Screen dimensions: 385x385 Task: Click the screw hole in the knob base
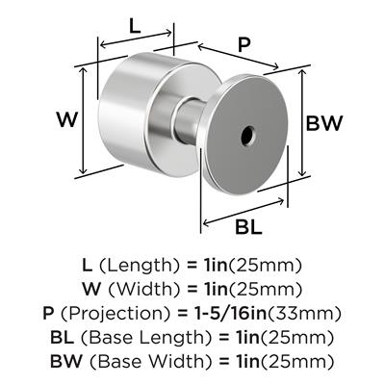click(247, 136)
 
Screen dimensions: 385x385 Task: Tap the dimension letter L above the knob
click(135, 27)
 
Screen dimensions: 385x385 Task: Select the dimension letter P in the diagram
click(244, 45)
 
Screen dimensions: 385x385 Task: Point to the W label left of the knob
click(67, 119)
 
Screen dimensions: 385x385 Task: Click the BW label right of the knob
click(324, 123)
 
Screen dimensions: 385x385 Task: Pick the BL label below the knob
click(248, 227)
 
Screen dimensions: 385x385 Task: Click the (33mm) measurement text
click(304, 313)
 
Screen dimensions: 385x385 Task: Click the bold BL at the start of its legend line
click(62, 337)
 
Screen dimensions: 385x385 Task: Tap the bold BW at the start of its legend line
click(66, 361)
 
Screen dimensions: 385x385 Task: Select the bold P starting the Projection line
click(48, 313)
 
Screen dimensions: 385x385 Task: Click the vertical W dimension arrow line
click(84, 120)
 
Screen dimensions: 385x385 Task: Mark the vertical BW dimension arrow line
click(302, 122)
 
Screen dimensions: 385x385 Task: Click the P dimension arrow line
click(238, 57)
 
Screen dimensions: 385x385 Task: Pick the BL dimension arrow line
click(244, 212)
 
